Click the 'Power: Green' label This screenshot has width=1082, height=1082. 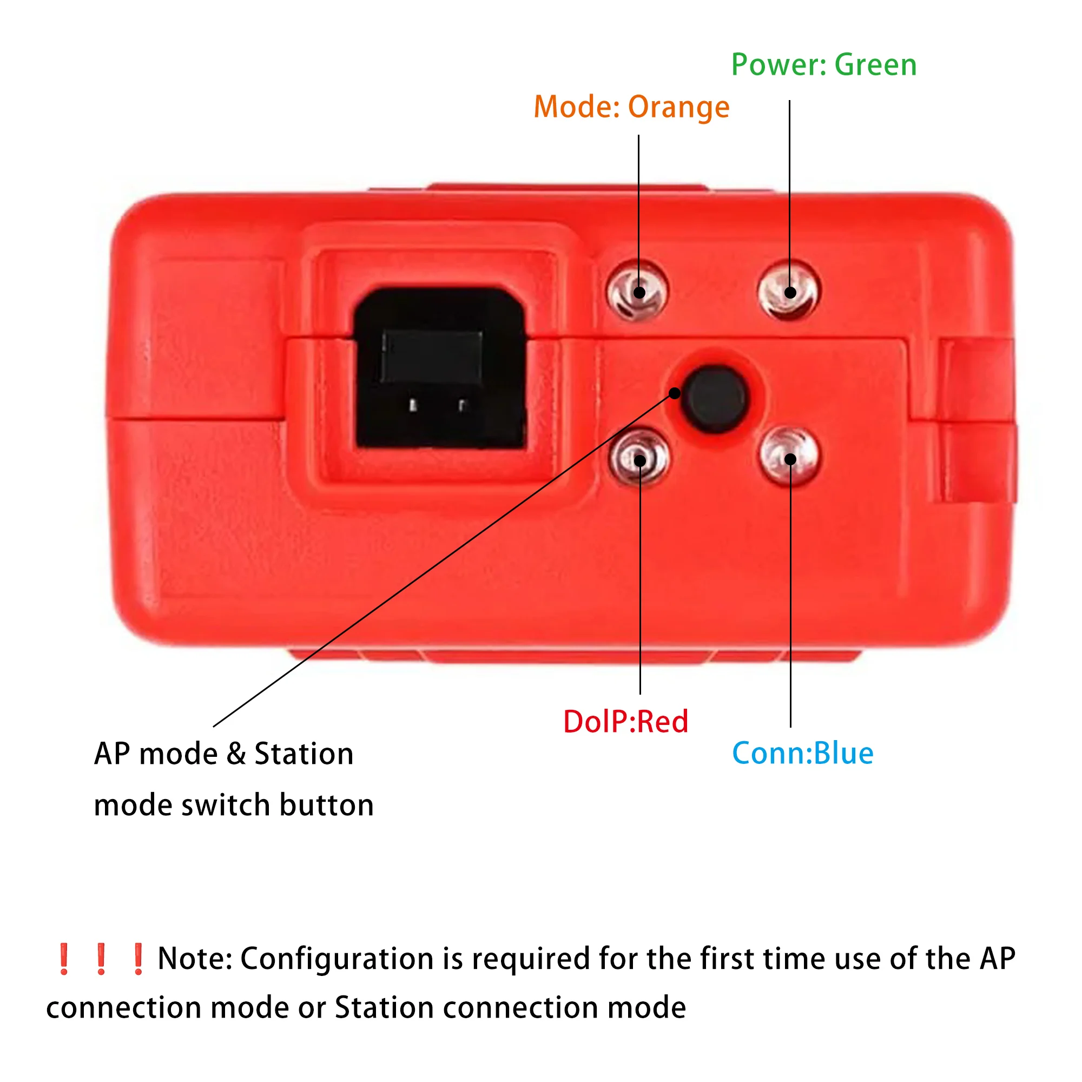(x=824, y=65)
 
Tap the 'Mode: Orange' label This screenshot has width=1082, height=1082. (x=631, y=107)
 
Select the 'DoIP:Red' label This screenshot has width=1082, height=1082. (x=625, y=722)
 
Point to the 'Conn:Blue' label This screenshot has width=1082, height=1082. (x=802, y=753)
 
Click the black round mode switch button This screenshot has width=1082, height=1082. (x=715, y=399)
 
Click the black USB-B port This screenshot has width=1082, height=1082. (x=440, y=370)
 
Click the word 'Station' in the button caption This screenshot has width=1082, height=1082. (x=304, y=754)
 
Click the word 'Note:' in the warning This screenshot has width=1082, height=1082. (x=195, y=959)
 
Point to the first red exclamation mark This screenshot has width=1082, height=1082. (x=64, y=959)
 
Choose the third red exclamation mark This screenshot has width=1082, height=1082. (x=138, y=959)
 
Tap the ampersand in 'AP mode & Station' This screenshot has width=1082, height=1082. (x=236, y=754)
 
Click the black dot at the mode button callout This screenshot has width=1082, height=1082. (x=675, y=394)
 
